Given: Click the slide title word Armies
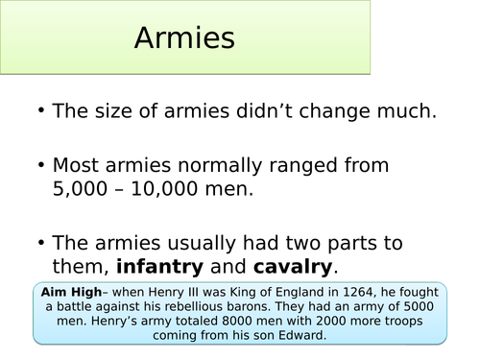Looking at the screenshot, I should click(184, 39).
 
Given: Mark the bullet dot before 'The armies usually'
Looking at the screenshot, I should click(40, 244).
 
